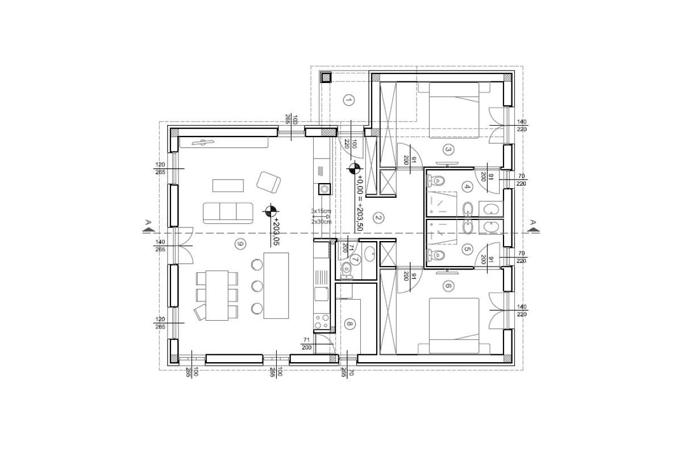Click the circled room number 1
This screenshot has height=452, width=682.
point(349,101)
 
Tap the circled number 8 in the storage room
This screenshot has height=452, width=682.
point(350,325)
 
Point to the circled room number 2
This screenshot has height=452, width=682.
point(377,217)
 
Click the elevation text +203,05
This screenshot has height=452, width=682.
point(277,231)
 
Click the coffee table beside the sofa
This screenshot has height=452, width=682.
point(228,185)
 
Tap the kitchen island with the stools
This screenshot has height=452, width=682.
point(276,285)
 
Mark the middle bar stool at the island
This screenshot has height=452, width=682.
point(257,285)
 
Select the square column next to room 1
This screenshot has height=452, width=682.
point(326,78)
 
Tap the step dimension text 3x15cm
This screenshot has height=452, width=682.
point(321,211)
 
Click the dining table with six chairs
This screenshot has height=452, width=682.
point(216,295)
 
